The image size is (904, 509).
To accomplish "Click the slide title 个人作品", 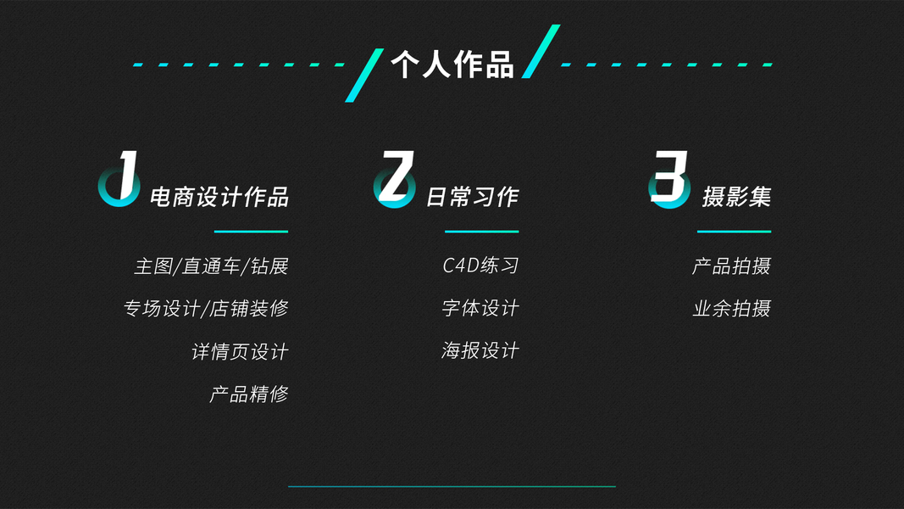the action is point(452,64).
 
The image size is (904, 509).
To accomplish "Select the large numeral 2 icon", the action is point(394,179).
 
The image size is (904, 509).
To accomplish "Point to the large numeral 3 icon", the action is point(669,179).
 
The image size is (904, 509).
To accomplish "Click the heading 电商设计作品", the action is point(219,198).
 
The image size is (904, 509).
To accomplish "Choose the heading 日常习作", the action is point(472,198).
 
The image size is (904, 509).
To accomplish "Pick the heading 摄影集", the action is point(736,198).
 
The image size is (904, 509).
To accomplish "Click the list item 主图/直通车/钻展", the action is point(211,266).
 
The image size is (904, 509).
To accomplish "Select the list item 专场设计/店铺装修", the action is point(206,309).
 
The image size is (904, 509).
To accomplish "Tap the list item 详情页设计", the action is point(240,351).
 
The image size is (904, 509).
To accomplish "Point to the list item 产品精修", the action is point(249,394).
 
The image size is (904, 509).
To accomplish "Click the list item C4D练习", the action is point(480,266).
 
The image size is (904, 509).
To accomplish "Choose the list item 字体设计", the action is point(480,308).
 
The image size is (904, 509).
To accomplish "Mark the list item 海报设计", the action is point(480,350).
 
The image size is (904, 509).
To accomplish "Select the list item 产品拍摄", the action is point(731,266).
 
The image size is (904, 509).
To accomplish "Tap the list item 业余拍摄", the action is point(731,309).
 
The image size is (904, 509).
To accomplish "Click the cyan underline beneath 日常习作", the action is point(481,232).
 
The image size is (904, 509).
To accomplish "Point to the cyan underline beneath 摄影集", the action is point(734,232).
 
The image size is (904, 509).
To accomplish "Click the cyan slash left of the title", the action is point(363,76).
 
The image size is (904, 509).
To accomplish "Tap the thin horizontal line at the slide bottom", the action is point(452,487).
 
